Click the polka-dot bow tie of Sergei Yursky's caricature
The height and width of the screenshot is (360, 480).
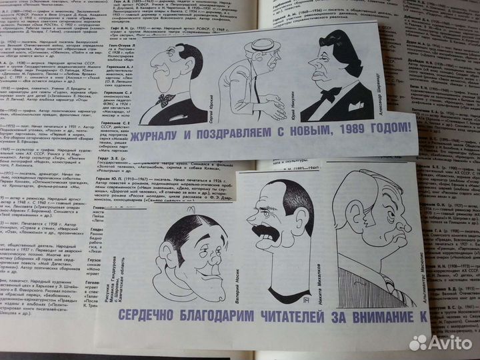(x=165, y=100)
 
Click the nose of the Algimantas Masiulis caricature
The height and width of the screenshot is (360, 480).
(x=400, y=227)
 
